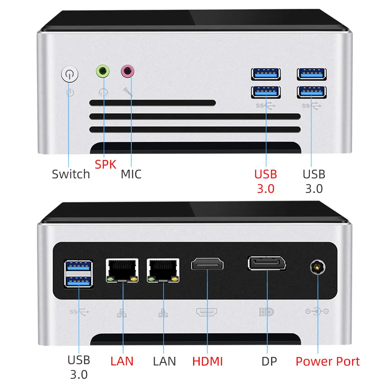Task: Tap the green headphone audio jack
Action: tap(103, 71)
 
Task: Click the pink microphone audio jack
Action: tap(128, 71)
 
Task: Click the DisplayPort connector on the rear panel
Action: tap(266, 263)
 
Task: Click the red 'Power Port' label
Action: tap(328, 361)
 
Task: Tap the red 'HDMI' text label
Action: tap(207, 361)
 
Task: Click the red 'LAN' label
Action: tap(122, 361)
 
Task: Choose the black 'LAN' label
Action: tap(164, 361)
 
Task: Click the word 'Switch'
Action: tap(71, 174)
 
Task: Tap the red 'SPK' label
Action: tap(105, 164)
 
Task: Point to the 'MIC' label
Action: tap(131, 174)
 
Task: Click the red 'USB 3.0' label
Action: tap(265, 181)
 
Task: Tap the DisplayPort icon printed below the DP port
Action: tap(266, 311)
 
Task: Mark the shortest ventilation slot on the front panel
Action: tap(152, 103)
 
